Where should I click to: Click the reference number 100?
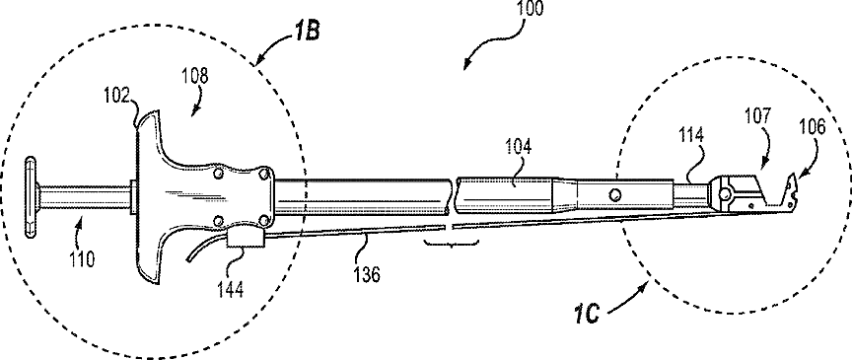pos(531,8)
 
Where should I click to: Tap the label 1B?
pos(306,31)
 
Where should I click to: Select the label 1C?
pos(587,314)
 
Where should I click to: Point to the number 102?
pos(116,96)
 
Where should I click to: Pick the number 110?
pos(82,258)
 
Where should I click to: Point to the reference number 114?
pos(690,135)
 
